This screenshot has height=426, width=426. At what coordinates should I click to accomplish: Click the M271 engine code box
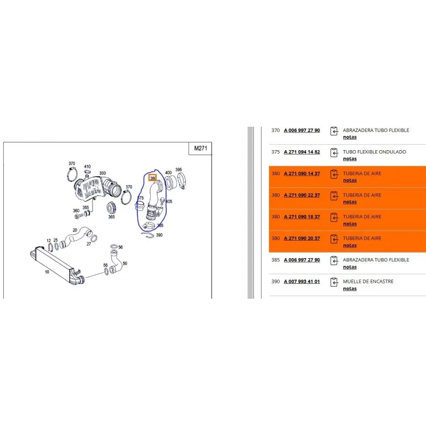200,149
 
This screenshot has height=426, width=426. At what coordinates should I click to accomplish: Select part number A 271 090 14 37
302,174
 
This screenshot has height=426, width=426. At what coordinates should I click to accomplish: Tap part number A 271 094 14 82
302,152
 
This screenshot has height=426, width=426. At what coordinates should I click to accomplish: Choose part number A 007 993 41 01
302,282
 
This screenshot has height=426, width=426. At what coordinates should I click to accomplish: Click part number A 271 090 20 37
302,238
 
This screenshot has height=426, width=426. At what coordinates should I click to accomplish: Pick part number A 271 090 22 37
302,195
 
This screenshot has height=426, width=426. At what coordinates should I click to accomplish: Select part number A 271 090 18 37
302,217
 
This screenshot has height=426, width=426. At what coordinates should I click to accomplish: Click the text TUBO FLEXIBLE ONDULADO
374,152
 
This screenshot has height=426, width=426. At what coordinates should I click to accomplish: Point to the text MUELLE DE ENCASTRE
368,282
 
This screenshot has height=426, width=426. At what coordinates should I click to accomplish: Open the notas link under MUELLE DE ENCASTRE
350,289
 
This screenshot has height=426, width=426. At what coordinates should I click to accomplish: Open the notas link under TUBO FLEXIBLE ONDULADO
350,159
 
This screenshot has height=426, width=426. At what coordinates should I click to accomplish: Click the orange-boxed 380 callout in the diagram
153,178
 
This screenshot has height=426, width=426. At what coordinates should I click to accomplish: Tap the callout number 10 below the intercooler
47,272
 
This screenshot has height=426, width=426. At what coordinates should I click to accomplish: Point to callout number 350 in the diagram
102,173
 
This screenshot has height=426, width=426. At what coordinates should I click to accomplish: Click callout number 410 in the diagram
87,167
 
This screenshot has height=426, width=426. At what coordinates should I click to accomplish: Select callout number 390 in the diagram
159,235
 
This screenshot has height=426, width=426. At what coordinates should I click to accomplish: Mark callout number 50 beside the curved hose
125,263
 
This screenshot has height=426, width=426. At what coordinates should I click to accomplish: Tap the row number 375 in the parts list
275,152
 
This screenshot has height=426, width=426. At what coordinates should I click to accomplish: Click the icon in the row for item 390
334,282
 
